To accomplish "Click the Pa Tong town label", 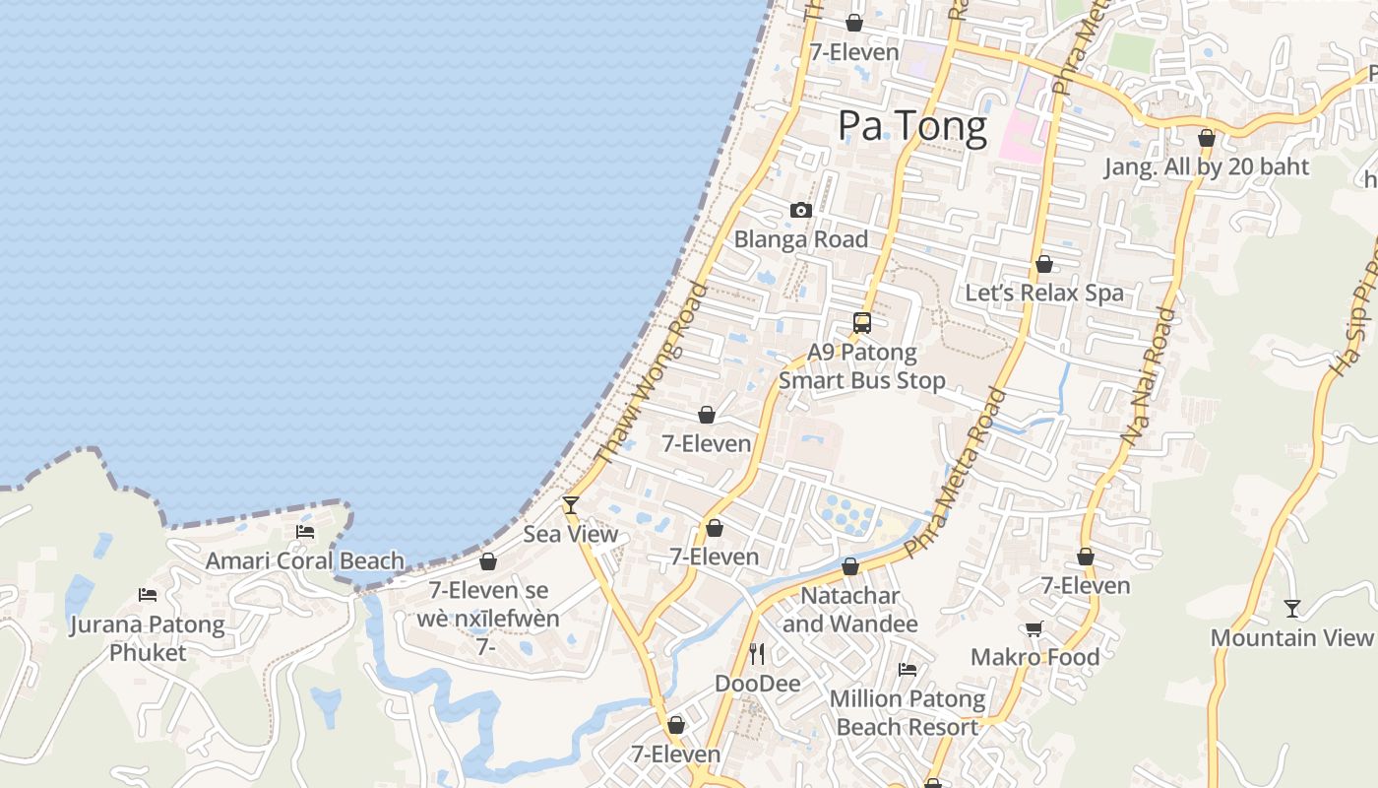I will (x=911, y=127).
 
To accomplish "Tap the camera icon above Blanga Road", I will (x=801, y=210).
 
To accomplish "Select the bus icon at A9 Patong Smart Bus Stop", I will (x=862, y=322).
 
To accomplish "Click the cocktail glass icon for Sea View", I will (x=570, y=505).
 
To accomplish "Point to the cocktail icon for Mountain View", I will (x=1292, y=609).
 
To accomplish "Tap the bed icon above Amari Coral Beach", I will (x=305, y=532).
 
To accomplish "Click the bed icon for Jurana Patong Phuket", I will (x=148, y=595).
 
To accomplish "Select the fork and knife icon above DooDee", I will (x=757, y=654).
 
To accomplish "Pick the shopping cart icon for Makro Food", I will (x=1034, y=628).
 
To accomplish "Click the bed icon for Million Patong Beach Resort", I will (x=908, y=670).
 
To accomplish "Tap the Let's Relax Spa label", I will (x=1044, y=293).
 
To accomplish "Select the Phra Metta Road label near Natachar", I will (x=956, y=473).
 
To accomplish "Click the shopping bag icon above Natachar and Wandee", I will (x=850, y=566).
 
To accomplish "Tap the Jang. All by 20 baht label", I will (x=1207, y=166).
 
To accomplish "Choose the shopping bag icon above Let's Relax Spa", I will (x=1044, y=264).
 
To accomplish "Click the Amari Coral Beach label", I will (x=305, y=561).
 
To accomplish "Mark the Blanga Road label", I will (x=801, y=239).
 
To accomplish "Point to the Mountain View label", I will (x=1291, y=637).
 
